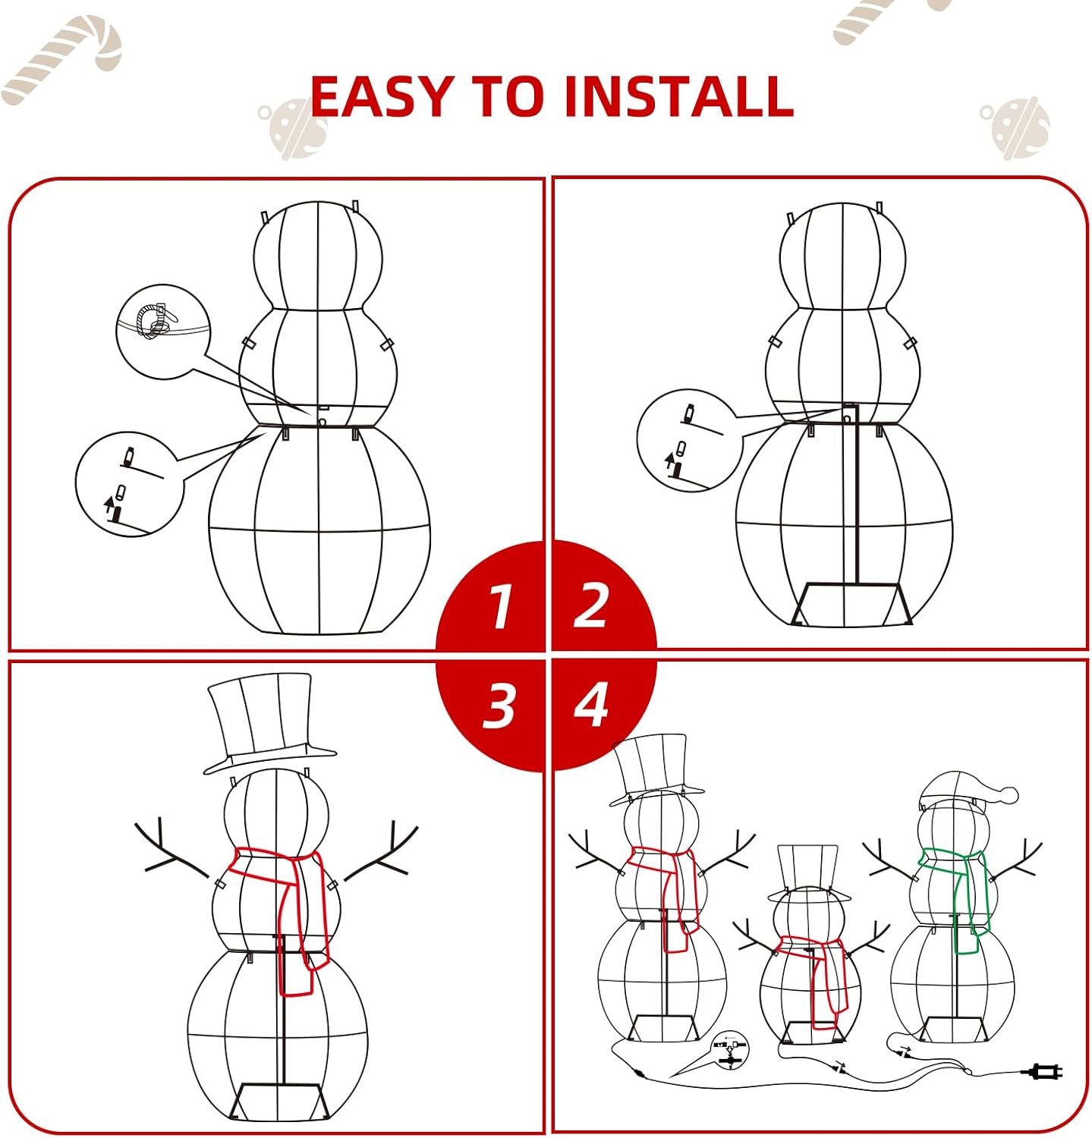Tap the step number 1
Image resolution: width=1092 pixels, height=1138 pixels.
(500, 607)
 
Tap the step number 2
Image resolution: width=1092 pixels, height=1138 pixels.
(590, 605)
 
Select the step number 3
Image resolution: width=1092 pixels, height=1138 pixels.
(499, 706)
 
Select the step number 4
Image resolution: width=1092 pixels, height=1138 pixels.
(591, 704)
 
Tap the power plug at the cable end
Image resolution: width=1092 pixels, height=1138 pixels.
(1044, 1072)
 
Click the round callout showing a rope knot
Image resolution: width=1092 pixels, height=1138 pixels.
(163, 332)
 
